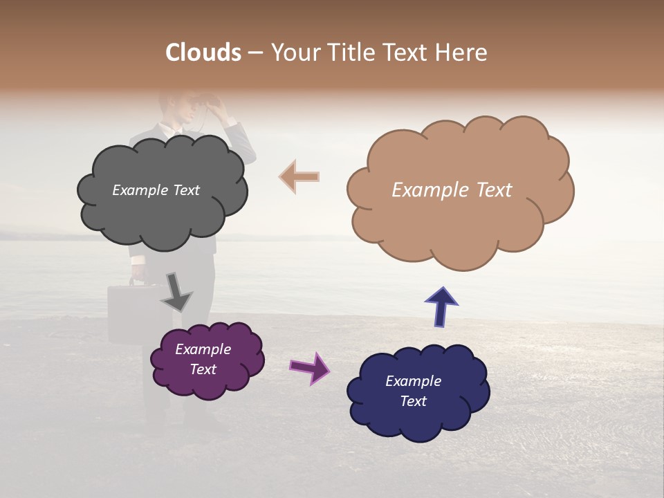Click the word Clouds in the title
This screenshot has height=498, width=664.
[x=203, y=53]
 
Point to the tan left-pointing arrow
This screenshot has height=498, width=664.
[x=299, y=177]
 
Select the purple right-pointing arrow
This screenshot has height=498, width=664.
[x=310, y=367]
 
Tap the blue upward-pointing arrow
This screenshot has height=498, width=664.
[x=441, y=307]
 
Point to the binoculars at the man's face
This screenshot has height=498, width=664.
[x=216, y=104]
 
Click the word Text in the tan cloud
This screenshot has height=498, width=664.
[x=492, y=190]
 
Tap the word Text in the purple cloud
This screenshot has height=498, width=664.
[x=203, y=369]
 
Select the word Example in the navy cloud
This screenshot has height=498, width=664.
[x=413, y=381]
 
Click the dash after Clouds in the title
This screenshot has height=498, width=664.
[x=255, y=53]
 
